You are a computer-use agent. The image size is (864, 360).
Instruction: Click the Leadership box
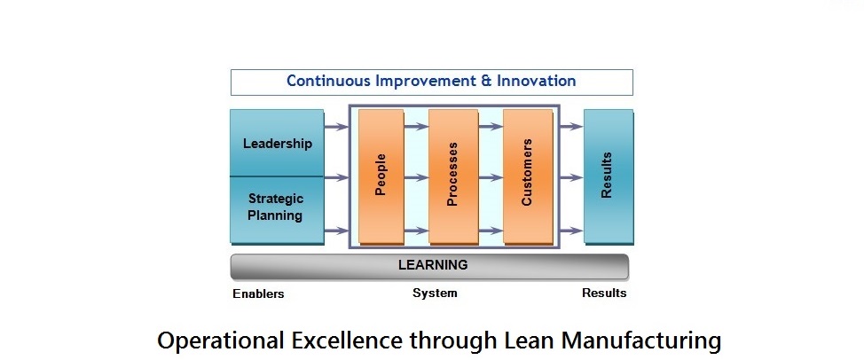277,143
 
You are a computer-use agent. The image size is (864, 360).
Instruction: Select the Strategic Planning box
277,210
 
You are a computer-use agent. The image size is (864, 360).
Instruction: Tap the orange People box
381,176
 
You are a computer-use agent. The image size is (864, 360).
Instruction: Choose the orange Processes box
453,176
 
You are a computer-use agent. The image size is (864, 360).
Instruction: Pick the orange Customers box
527,176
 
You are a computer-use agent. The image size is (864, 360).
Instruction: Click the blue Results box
609,176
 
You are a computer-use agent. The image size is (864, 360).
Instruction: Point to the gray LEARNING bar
429,266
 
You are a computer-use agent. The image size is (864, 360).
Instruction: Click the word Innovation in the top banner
536,81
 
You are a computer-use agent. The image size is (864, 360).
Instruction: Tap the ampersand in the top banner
486,81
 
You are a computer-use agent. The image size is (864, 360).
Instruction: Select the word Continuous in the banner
328,81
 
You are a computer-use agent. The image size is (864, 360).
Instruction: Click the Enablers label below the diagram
258,294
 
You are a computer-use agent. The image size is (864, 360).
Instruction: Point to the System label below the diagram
435,293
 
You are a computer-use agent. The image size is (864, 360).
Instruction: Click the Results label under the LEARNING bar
604,293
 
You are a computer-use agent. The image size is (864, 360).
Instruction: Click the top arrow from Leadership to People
336,127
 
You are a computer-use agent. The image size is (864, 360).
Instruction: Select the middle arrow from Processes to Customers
491,178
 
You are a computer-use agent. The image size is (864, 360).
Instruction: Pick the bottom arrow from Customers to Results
571,231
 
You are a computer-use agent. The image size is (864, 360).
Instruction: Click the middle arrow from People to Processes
416,178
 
